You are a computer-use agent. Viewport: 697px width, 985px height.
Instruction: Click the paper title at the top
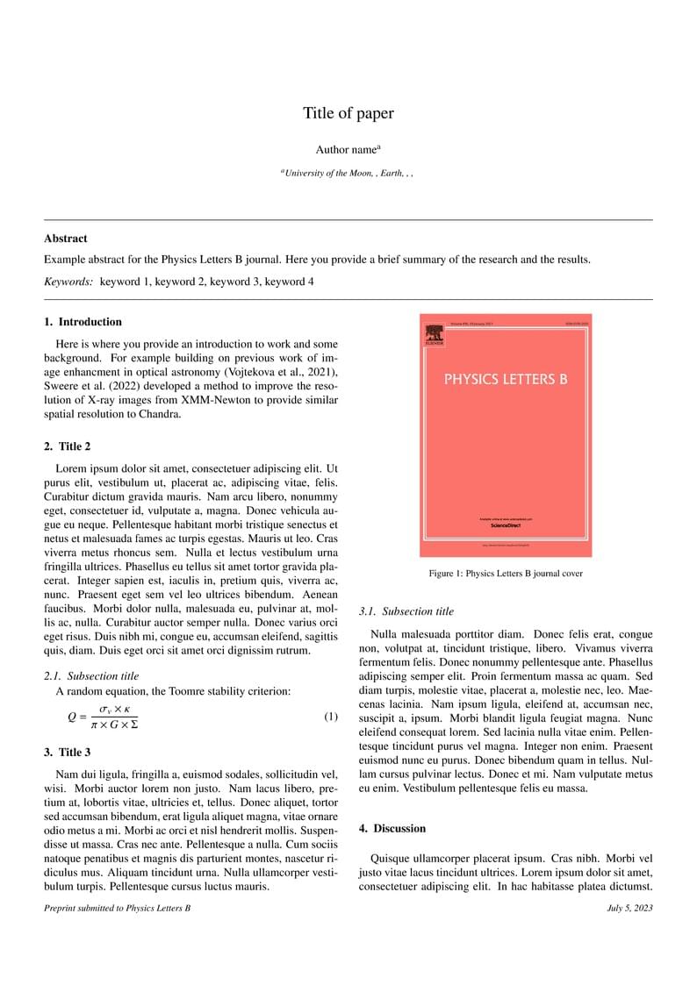[x=348, y=113]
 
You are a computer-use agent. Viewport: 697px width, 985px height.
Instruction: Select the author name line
[x=348, y=150]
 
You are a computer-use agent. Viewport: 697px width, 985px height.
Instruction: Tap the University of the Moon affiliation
[x=348, y=174]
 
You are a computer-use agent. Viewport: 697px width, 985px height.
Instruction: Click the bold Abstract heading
[x=66, y=238]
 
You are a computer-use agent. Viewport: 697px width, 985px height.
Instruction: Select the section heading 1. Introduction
[x=83, y=322]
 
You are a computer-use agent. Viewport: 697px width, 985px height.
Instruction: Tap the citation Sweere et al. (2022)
[x=90, y=386]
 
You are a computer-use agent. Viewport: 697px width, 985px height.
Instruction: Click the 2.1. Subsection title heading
[x=91, y=675]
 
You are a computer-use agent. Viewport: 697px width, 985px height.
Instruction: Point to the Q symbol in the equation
[x=73, y=717]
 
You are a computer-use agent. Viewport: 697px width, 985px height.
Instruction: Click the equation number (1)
[x=330, y=717]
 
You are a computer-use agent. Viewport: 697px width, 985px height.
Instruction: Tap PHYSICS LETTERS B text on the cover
[x=506, y=380]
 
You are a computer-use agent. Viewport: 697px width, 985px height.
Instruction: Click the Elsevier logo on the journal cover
[x=434, y=335]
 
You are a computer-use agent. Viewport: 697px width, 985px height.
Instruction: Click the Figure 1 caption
[x=506, y=574]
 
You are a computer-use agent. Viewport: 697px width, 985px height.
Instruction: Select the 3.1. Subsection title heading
[x=407, y=611]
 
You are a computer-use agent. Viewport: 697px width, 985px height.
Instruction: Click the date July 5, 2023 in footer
[x=629, y=908]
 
